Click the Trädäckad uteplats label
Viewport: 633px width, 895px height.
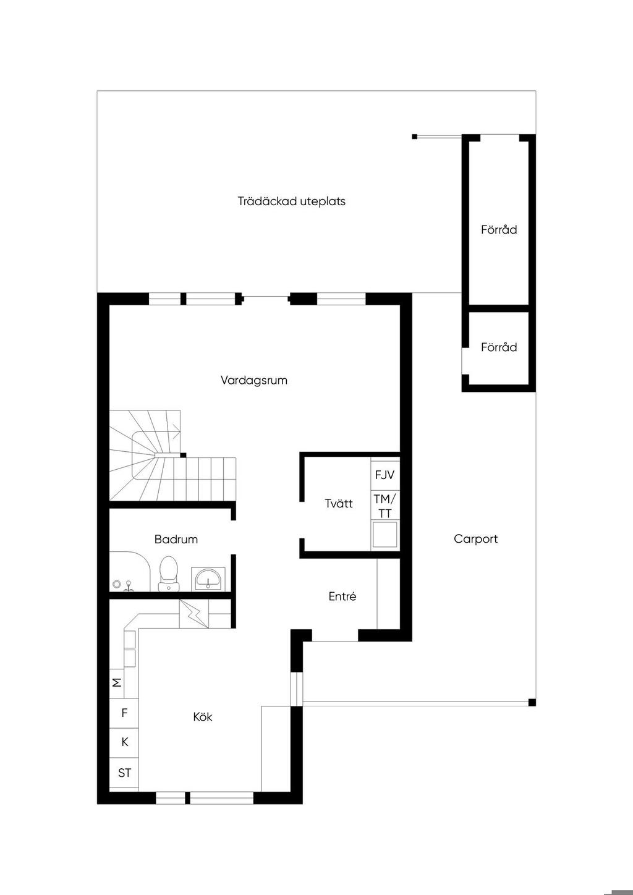click(291, 201)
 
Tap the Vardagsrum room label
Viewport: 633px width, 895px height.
click(254, 380)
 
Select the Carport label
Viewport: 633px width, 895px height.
click(475, 539)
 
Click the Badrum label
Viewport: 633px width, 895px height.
click(176, 540)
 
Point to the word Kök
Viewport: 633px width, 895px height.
click(203, 717)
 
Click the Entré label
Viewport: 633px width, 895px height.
click(342, 596)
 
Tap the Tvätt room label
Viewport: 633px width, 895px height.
click(339, 503)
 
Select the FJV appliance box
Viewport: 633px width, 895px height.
click(385, 474)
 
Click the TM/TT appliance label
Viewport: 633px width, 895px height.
click(385, 506)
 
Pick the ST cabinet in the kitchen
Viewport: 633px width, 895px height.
click(124, 773)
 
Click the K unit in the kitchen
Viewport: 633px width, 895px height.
click(124, 742)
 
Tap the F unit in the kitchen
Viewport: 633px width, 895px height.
click(124, 713)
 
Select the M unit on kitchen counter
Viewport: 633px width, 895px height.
click(117, 682)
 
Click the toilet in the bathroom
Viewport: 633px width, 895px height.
click(168, 574)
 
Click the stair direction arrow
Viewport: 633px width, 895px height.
click(177, 431)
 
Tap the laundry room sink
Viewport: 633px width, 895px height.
click(385, 534)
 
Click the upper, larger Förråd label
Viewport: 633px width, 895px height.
click(499, 230)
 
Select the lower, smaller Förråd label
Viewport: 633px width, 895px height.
click(499, 347)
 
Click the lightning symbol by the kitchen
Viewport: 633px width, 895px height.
click(194, 614)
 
